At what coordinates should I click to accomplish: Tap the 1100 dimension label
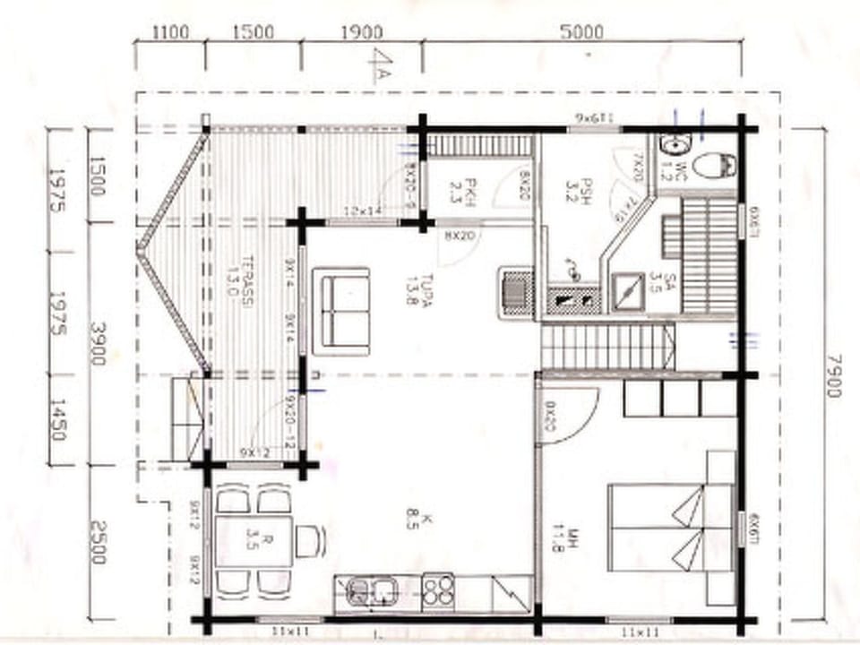170,32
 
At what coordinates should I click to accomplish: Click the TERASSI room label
239,287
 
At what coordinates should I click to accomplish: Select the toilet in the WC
716,165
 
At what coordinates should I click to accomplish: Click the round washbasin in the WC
673,145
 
